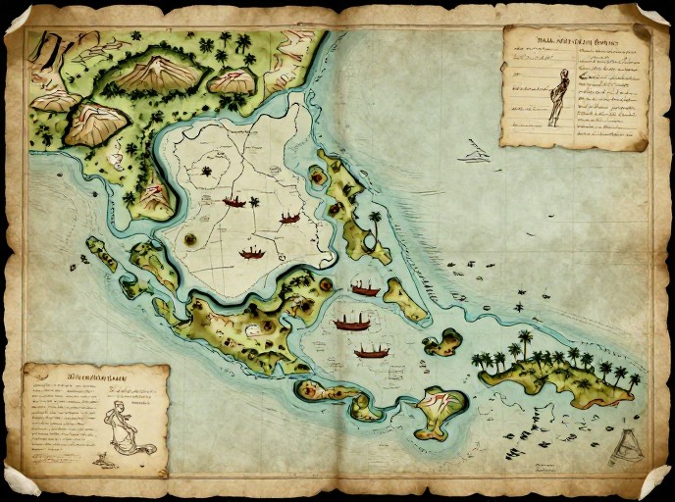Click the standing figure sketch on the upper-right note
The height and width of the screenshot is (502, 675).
(x=558, y=96)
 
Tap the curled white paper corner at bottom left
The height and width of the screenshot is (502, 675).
(x=22, y=479)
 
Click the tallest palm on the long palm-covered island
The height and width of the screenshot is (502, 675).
(x=526, y=343)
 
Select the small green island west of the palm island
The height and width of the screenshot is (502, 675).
(x=443, y=342)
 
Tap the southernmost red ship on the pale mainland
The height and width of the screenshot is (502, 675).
(x=252, y=253)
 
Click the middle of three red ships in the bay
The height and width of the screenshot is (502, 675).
(x=351, y=322)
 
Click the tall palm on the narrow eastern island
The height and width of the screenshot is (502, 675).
(x=374, y=222)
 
